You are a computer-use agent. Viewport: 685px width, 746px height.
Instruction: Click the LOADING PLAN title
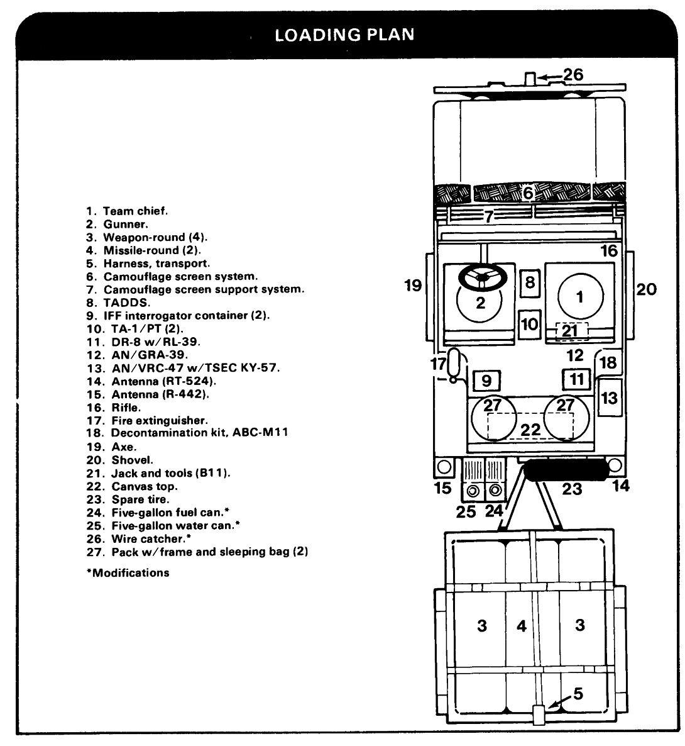pos(345,34)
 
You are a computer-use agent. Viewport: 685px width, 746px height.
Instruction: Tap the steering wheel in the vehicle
pos(482,277)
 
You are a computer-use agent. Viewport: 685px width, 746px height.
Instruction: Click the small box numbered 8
pos(530,282)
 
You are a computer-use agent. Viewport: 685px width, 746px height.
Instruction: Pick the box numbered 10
pos(530,324)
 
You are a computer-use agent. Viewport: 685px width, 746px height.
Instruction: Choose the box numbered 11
pos(577,379)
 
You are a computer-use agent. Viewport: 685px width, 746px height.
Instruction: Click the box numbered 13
pos(609,397)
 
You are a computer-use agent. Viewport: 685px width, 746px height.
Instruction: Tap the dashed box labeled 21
pos(569,331)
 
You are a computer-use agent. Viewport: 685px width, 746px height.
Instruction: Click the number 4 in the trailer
pos(521,626)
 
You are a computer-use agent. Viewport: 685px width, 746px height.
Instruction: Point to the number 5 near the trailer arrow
pos(578,693)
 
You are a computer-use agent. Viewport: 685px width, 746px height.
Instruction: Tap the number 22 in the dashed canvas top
pos(530,430)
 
